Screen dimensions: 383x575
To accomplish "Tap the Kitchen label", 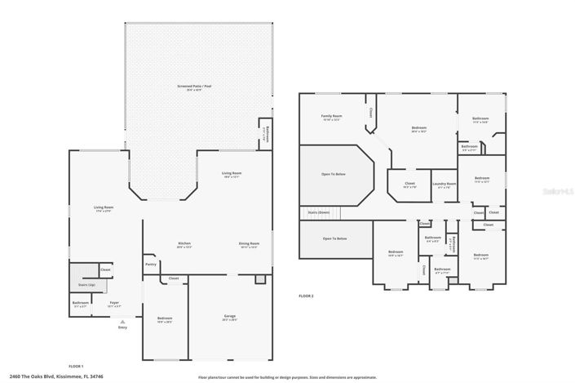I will [185, 243].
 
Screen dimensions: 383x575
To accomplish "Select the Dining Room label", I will [249, 243].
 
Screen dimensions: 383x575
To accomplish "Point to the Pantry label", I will [151, 264].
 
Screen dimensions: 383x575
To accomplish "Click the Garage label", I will [229, 315].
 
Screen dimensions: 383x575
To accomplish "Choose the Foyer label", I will [114, 303].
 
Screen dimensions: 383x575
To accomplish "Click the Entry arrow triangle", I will [122, 321].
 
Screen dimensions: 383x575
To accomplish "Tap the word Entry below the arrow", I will [122, 327].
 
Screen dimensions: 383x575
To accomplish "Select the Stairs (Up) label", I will [86, 285].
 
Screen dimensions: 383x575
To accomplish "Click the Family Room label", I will [331, 116].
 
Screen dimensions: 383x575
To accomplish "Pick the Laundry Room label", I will [444, 184].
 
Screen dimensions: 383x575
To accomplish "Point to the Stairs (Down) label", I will [318, 212].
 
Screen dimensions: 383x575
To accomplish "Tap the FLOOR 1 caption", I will [76, 366].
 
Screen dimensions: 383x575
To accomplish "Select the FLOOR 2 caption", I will [306, 296].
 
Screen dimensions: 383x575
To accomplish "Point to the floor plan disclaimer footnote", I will [287, 377].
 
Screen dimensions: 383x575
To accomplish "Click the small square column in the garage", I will [259, 279].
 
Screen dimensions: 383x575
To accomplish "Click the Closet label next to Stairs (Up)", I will [105, 269].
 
